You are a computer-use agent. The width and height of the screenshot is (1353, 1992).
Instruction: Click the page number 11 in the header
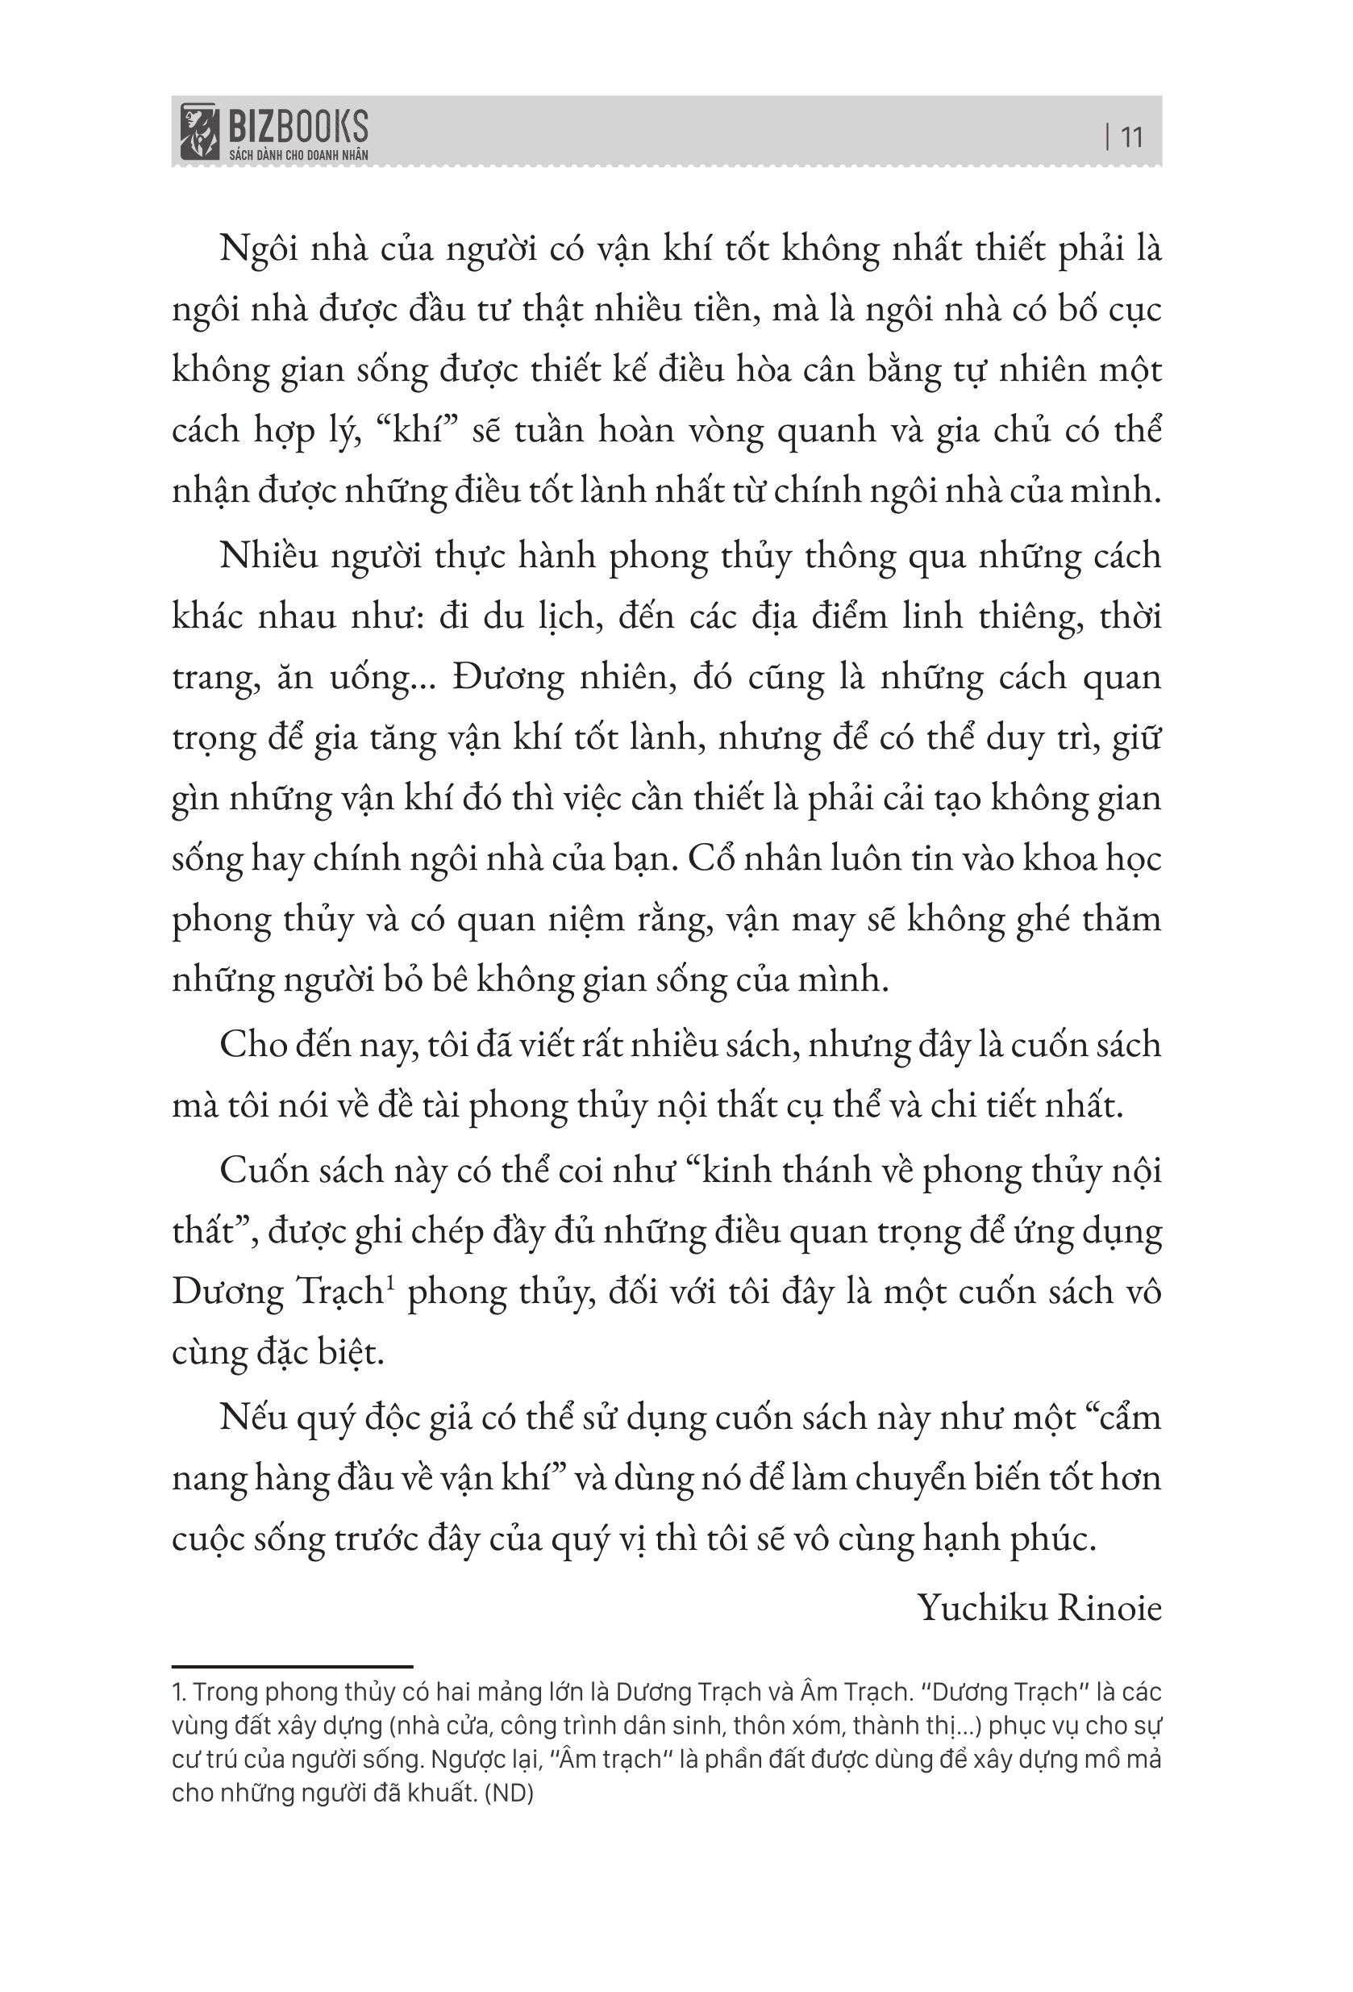(1132, 137)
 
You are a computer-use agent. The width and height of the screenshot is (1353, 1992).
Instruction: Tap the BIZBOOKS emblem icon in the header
(198, 132)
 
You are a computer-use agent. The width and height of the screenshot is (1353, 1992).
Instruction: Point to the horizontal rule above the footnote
(292, 1666)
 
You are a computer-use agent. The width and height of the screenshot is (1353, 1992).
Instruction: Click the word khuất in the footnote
(439, 1794)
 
